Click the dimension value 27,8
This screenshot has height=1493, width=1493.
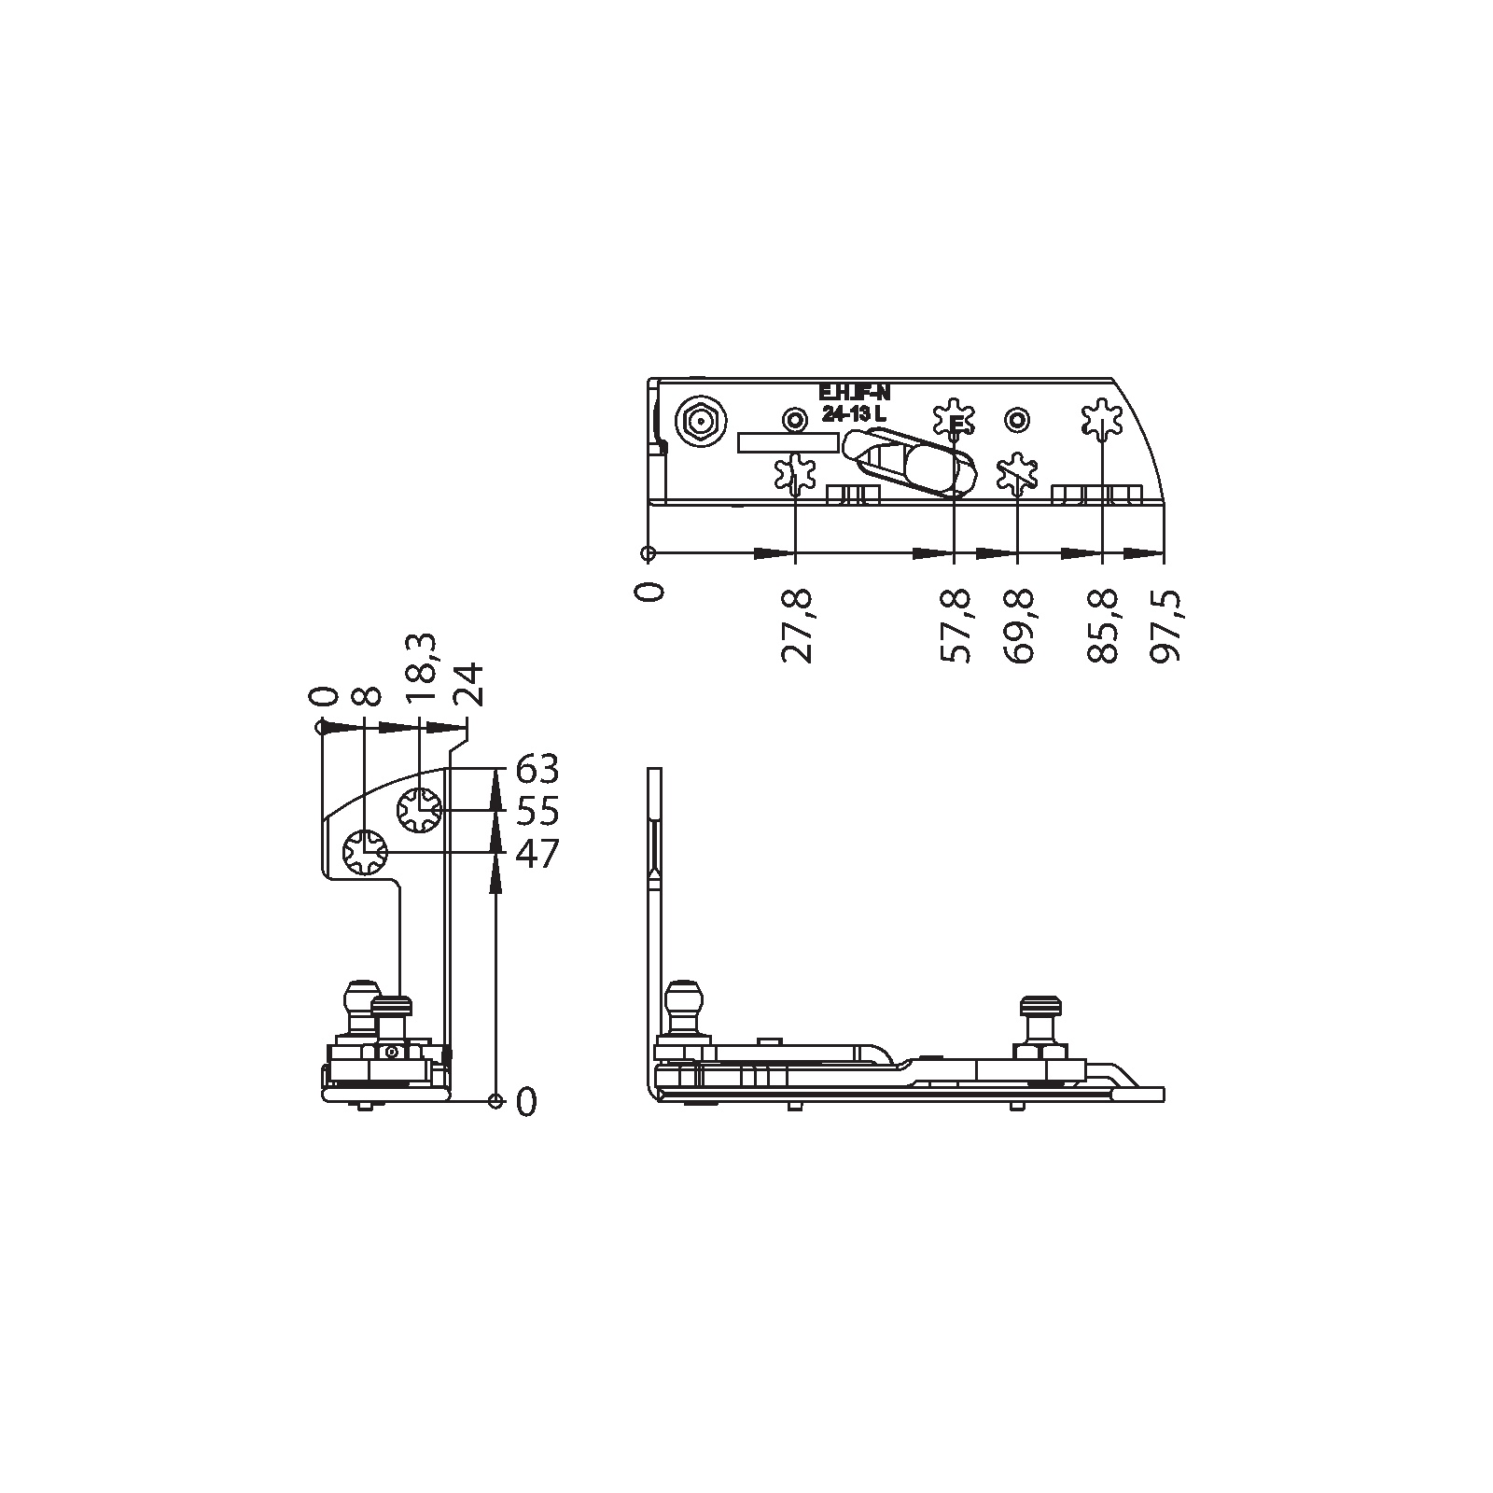pyautogui.click(x=796, y=625)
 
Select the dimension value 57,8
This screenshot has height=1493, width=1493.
pyautogui.click(x=955, y=625)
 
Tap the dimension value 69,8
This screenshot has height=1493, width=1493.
pyautogui.click(x=1019, y=625)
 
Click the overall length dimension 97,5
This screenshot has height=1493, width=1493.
pyautogui.click(x=1165, y=625)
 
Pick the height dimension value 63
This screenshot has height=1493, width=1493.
pyautogui.click(x=537, y=770)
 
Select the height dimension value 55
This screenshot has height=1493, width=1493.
pyautogui.click(x=537, y=811)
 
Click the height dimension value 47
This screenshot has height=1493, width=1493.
pyautogui.click(x=537, y=853)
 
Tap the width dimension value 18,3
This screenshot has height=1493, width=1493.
pyautogui.click(x=421, y=668)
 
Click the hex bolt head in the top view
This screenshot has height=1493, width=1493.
pyautogui.click(x=697, y=423)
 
